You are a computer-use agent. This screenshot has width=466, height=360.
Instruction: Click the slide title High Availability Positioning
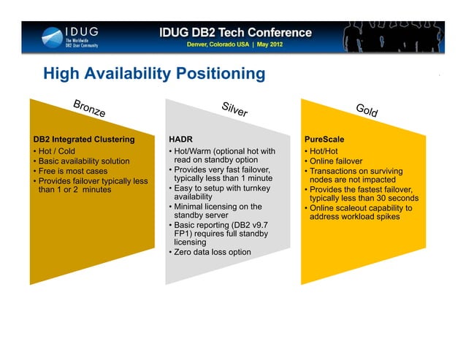pos(154,74)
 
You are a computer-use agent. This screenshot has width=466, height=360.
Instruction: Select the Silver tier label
pos(234,109)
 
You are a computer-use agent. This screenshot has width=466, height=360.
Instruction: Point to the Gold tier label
pos(367,110)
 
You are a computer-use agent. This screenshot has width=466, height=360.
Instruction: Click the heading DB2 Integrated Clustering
pos(84,139)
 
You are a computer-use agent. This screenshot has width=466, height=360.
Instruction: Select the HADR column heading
pos(180,139)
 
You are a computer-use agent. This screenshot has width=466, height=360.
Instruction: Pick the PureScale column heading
pos(324,139)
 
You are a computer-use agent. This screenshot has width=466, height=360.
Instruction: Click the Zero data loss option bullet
pos(212,252)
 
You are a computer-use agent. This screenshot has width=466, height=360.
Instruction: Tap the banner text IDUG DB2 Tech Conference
pos(235,33)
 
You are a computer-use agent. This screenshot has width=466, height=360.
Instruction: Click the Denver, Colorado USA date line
pos(235,45)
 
